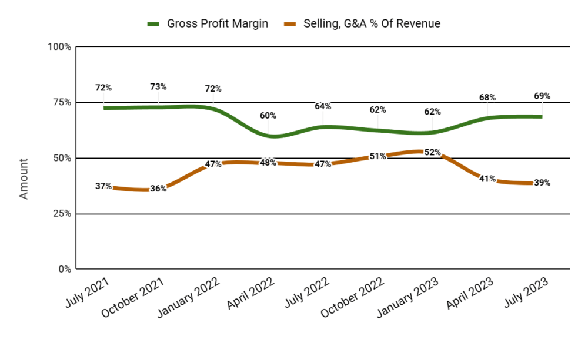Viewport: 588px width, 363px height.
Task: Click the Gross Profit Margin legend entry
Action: pyautogui.click(x=208, y=23)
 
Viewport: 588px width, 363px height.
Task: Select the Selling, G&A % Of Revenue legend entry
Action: pyautogui.click(x=362, y=23)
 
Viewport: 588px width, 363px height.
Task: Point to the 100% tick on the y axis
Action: pyautogui.click(x=59, y=47)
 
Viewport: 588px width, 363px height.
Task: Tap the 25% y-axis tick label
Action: pyautogui.click(x=62, y=214)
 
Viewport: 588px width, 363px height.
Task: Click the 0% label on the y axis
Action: pyautogui.click(x=65, y=269)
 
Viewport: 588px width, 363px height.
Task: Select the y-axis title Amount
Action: pyautogui.click(x=24, y=179)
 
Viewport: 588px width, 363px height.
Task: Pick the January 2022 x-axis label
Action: pyautogui.click(x=189, y=297)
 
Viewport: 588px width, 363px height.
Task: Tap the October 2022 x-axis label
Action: pyautogui.click(x=352, y=297)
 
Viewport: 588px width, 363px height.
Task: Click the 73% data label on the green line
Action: pyautogui.click(x=158, y=86)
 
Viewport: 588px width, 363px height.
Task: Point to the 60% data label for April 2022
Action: pyautogui.click(x=268, y=115)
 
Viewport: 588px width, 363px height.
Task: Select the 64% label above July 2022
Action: pyautogui.click(x=323, y=106)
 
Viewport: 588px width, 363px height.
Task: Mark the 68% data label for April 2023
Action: pyautogui.click(x=487, y=98)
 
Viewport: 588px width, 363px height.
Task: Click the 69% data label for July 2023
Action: pyautogui.click(x=542, y=96)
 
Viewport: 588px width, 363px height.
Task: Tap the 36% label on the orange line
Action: pyautogui.click(x=158, y=189)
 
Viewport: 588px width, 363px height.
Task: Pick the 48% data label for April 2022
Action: pyautogui.click(x=268, y=162)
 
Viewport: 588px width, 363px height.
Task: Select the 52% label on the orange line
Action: pyautogui.click(x=432, y=152)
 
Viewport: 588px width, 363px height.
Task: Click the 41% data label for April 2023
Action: pyautogui.click(x=487, y=179)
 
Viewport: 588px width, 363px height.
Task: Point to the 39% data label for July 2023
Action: pyautogui.click(x=542, y=183)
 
